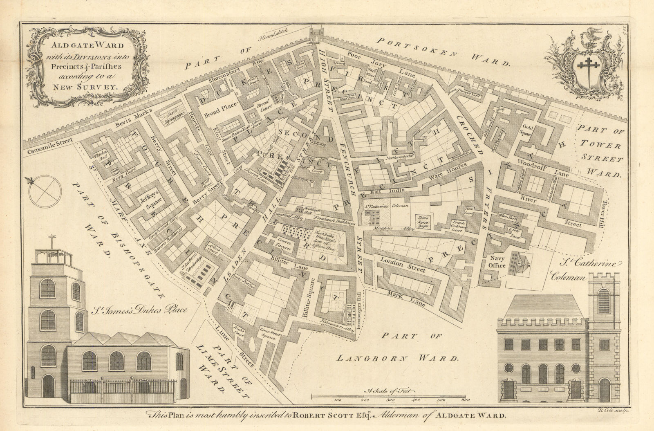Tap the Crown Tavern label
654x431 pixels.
pyautogui.click(x=281, y=245)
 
